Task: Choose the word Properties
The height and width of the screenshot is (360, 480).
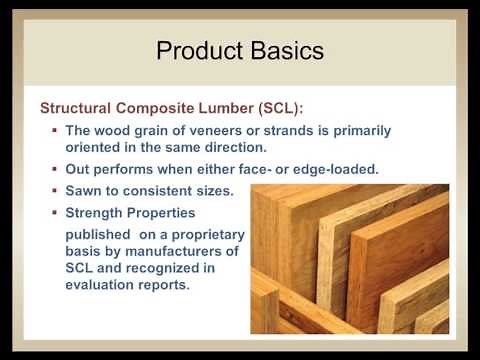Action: (x=162, y=213)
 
